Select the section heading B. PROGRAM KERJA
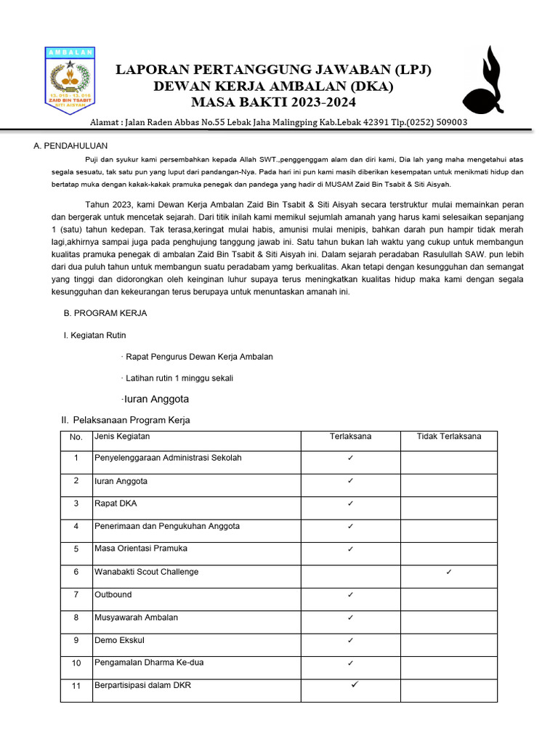[105, 313]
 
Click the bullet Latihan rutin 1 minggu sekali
[179, 378]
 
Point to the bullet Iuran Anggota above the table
[155, 399]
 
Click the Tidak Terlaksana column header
[448, 437]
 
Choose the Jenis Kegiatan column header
[122, 437]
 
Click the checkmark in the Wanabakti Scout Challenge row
[448, 573]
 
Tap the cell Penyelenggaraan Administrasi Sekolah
[168, 458]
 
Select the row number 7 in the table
[76, 595]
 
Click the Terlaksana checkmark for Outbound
[350, 595]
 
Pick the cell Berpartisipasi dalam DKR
[143, 685]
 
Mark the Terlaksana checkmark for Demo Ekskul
[350, 641]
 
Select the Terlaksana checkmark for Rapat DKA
[350, 504]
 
